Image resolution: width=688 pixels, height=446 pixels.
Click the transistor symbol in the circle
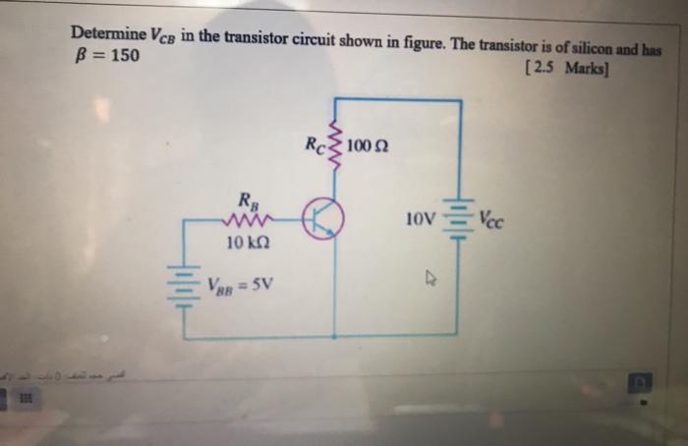pos(322,218)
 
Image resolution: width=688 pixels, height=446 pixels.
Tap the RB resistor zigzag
pos(245,219)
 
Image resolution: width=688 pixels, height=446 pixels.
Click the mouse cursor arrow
pos(429,279)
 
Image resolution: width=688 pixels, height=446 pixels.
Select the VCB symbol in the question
pos(163,35)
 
